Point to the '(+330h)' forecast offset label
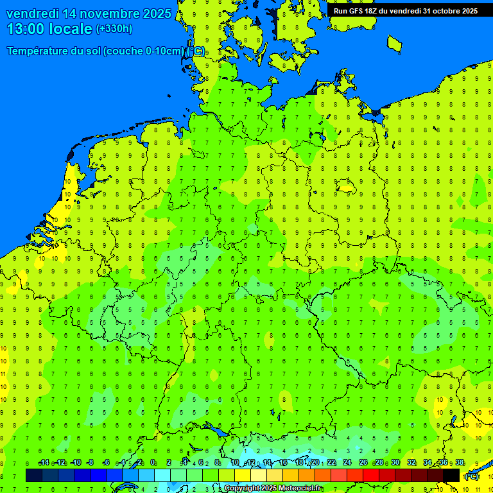[114, 29]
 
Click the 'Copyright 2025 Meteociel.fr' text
[273, 488]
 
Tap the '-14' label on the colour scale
[44, 463]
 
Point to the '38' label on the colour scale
[460, 463]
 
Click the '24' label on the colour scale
[347, 463]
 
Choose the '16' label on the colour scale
[283, 463]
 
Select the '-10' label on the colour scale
[75, 463]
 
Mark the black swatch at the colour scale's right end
[451, 475]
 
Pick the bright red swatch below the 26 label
[371, 475]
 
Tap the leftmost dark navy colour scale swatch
[34, 475]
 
